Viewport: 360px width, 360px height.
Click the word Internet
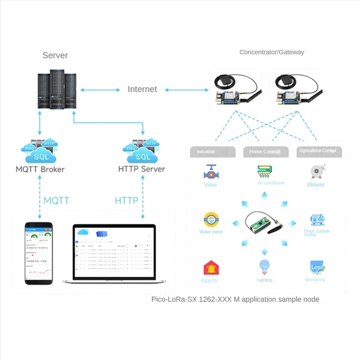(142, 89)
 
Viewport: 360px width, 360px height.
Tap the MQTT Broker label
(40, 170)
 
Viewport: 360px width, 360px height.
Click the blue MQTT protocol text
(56, 200)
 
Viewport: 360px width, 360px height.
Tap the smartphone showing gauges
(38, 253)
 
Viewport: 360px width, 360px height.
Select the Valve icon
(210, 172)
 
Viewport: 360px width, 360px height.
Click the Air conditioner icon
(265, 171)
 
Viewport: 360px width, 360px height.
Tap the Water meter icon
(210, 220)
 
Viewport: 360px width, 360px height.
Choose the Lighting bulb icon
(264, 267)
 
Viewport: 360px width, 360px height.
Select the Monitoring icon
(317, 267)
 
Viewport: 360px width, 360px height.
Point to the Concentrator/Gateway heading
(272, 52)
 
